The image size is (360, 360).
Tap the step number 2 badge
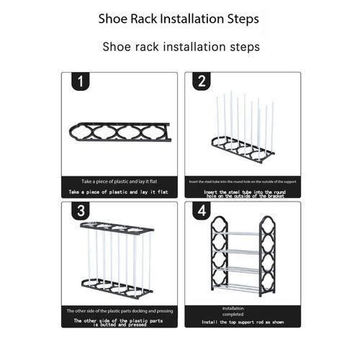click(x=202, y=83)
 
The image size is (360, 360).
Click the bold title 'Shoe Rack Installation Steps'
click(x=179, y=19)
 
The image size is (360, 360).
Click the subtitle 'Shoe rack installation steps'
click(x=181, y=47)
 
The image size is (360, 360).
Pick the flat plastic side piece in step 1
click(x=119, y=132)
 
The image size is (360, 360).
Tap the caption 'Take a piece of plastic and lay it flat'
click(x=119, y=182)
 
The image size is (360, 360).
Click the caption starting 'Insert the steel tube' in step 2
click(x=243, y=182)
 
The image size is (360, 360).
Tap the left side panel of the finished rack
click(x=217, y=256)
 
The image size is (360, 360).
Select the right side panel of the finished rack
click(x=269, y=256)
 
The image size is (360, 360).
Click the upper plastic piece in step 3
click(x=117, y=228)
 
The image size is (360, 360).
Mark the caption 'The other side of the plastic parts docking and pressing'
click(x=119, y=311)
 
